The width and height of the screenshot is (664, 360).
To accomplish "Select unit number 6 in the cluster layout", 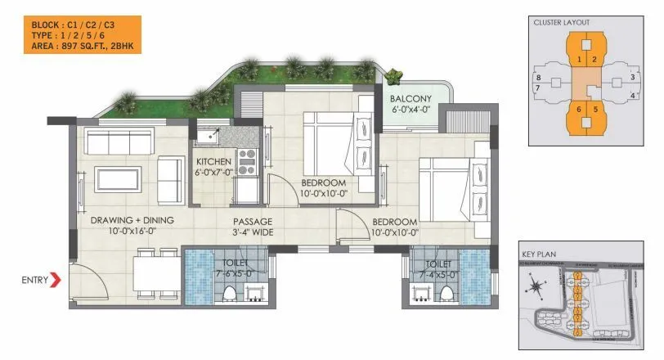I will [579, 109].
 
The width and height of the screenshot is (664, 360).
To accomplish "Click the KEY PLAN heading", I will [538, 254].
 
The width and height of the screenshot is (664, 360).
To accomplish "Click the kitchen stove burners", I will [246, 158].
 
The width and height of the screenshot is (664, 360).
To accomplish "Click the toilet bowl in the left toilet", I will [230, 292].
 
